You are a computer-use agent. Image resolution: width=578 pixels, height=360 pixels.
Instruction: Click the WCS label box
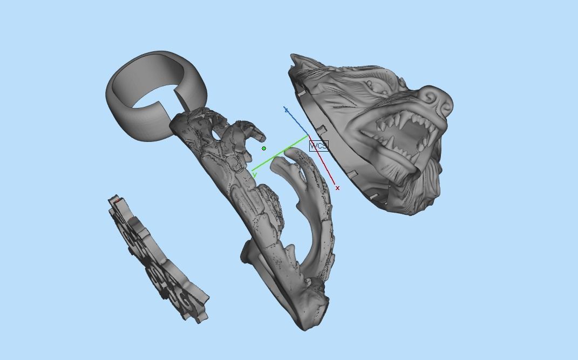pyautogui.click(x=318, y=146)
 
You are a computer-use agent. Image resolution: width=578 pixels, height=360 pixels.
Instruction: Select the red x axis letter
pyautogui.click(x=338, y=188)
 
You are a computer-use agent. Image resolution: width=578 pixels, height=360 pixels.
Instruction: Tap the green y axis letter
pyautogui.click(x=254, y=174)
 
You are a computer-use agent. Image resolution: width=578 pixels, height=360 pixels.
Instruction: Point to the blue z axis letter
pyautogui.click(x=286, y=110)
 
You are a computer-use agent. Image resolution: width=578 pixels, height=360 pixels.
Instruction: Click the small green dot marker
pyautogui.click(x=264, y=148)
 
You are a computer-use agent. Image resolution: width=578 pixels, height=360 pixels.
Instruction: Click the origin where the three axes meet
pyautogui.click(x=308, y=135)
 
